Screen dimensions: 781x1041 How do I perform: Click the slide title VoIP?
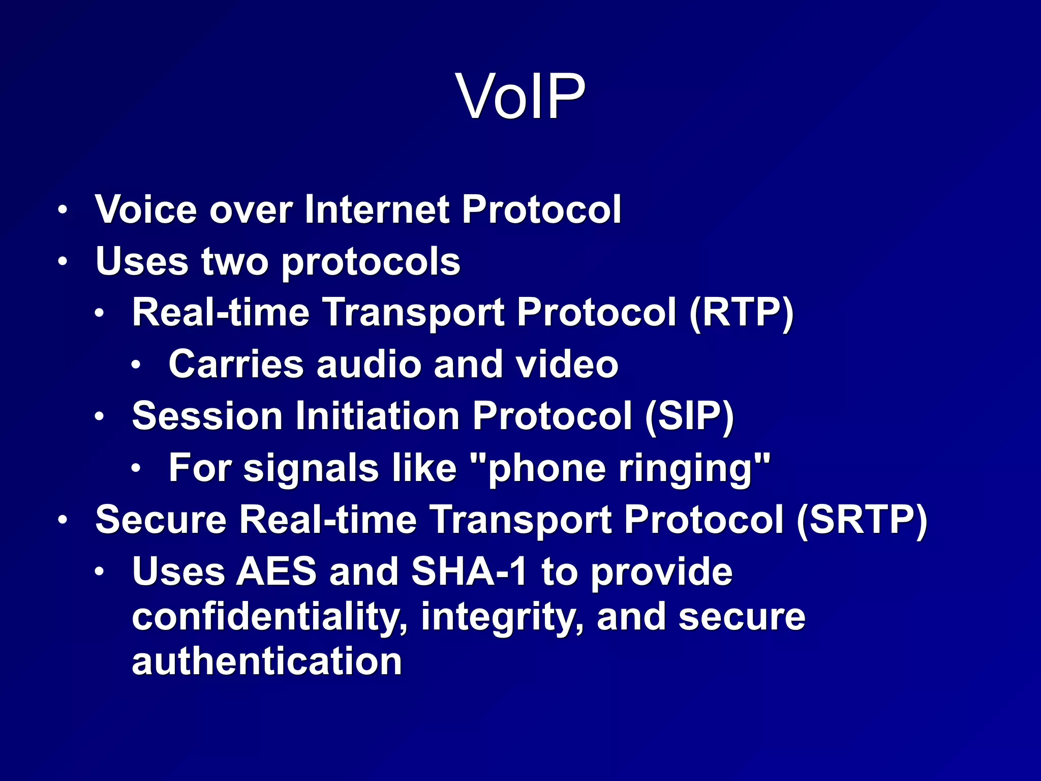pyautogui.click(x=520, y=96)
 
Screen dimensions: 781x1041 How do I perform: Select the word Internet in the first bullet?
pyautogui.click(x=376, y=209)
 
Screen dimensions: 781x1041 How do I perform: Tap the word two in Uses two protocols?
pyautogui.click(x=234, y=261)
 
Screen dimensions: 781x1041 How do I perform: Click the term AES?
pyautogui.click(x=276, y=572)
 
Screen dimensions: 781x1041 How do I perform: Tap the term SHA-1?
pyautogui.click(x=469, y=572)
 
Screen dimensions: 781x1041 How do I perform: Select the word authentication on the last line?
pyautogui.click(x=267, y=662)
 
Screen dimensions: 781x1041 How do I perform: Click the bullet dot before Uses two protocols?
pyautogui.click(x=62, y=262)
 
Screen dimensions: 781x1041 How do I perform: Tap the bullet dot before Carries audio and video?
pyautogui.click(x=135, y=365)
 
